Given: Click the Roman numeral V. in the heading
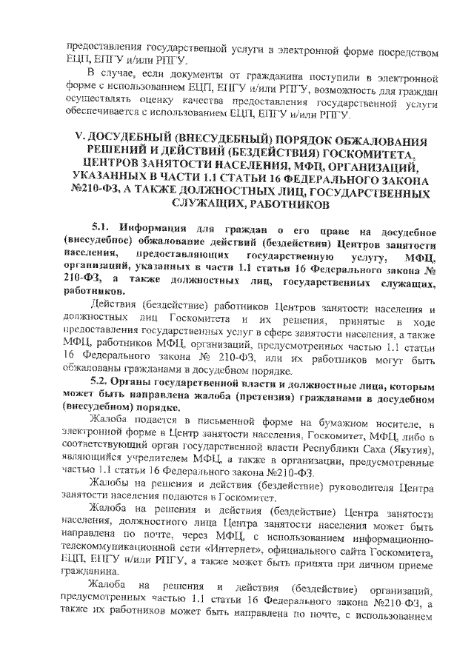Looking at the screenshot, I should (x=73, y=141).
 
